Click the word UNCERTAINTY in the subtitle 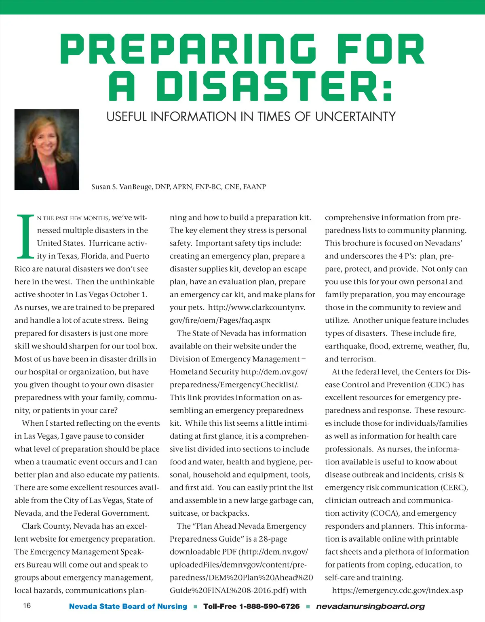pos(355,117)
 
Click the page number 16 pos(27,605)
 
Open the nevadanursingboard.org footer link pos(370,606)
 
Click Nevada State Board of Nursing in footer pos(128,606)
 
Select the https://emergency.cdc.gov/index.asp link pos(397,590)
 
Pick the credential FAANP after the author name pos(254,187)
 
